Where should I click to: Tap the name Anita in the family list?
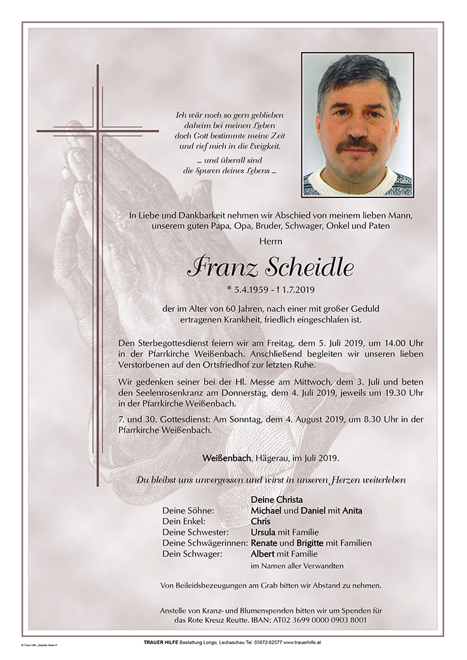351,510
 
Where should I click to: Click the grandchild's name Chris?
260,521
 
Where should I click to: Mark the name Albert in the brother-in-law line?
263,554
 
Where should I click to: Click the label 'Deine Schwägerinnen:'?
205,543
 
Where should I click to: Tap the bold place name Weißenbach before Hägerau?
227,457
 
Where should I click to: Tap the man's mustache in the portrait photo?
356,145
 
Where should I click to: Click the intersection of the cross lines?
98,131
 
